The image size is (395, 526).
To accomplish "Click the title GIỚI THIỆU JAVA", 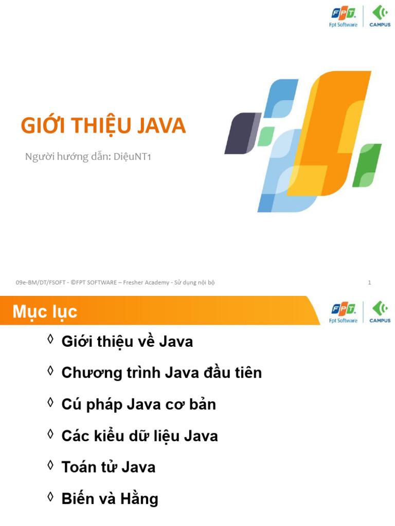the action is (x=103, y=126).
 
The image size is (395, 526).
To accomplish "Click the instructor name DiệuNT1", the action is (x=132, y=157).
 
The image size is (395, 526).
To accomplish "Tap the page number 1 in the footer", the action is (x=369, y=283).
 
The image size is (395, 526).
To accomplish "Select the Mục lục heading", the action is (x=45, y=312).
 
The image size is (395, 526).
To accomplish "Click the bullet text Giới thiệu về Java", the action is (x=128, y=342).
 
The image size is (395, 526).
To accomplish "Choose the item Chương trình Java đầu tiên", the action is (x=161, y=373).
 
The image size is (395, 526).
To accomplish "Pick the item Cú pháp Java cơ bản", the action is (x=139, y=404).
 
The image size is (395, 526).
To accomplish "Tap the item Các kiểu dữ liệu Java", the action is (x=140, y=436).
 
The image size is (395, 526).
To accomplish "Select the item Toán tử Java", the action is (x=109, y=467).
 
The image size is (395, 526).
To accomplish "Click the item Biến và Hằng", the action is (x=110, y=498).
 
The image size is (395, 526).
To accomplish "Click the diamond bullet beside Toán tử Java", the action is (x=51, y=465).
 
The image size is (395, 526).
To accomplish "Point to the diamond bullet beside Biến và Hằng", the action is (x=51, y=497).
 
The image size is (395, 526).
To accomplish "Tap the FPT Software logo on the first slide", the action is (x=343, y=17).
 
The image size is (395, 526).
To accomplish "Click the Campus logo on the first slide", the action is (x=380, y=16).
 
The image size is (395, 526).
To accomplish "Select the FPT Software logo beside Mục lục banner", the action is (x=343, y=313).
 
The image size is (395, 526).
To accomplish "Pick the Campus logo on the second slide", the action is (x=380, y=312).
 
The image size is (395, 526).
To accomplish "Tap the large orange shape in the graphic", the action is (x=333, y=134).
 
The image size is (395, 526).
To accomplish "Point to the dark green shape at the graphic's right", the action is (x=367, y=165).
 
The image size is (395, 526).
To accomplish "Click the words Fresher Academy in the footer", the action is (x=146, y=283).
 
